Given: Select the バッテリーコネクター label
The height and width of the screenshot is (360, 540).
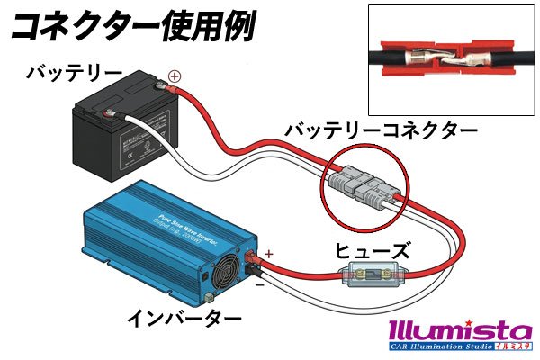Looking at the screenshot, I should coord(382,132).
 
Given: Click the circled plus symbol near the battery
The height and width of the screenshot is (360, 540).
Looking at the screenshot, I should coord(175,76).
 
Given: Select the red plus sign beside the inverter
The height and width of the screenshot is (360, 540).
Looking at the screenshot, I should coord(268,243).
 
